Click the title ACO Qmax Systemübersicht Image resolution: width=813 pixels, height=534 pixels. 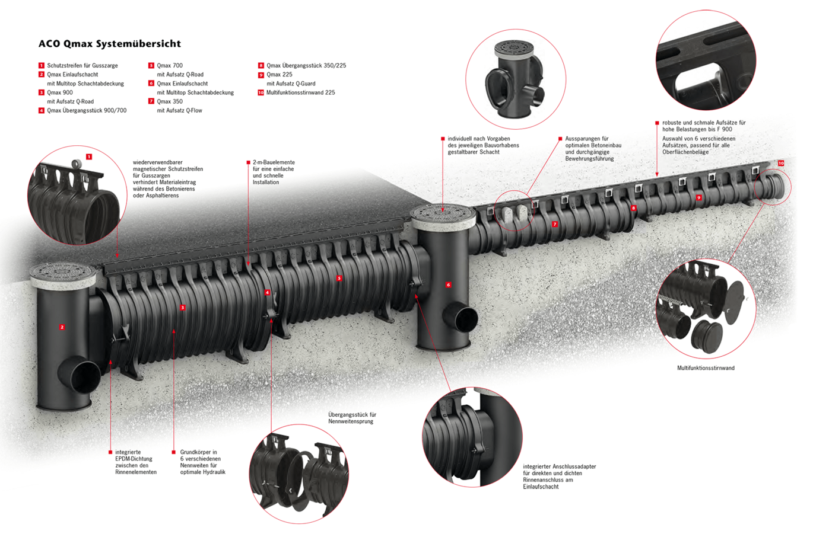109,43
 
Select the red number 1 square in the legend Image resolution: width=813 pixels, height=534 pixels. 42,65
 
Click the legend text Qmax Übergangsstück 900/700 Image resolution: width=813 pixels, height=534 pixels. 87,110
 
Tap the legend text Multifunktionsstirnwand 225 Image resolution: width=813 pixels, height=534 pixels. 300,92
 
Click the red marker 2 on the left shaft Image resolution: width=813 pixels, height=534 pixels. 62,327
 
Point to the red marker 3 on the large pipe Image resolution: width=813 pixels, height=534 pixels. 183,308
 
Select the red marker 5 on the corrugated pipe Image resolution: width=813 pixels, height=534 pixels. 339,278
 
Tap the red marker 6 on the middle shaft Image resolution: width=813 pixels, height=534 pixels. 448,285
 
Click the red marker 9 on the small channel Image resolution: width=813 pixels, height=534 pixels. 698,197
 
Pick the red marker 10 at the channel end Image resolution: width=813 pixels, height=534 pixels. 781,163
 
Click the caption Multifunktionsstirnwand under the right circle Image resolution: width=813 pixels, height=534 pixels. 706,368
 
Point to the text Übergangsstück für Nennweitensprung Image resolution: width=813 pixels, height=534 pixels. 352,418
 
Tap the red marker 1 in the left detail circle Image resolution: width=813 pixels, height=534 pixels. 89,156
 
